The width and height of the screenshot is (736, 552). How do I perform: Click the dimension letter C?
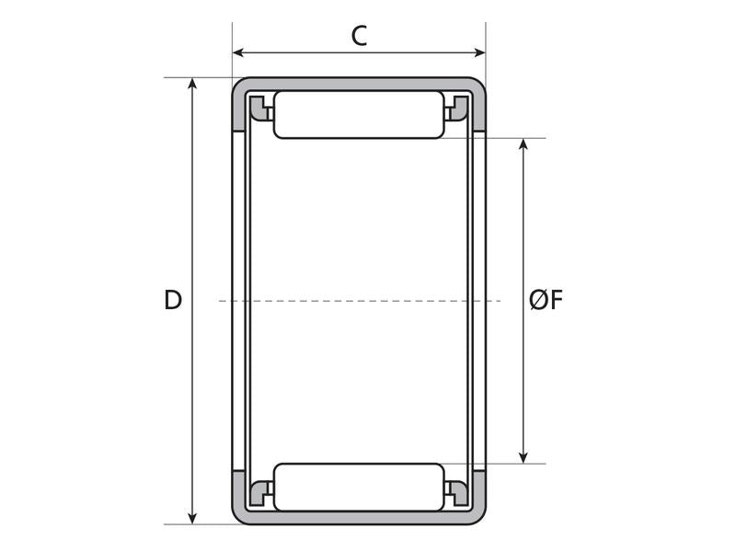[x=359, y=36]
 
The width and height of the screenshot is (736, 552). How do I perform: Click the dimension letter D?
[x=172, y=300]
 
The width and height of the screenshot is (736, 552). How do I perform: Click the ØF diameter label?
[x=546, y=300]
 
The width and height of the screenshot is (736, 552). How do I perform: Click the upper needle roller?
[x=359, y=115]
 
